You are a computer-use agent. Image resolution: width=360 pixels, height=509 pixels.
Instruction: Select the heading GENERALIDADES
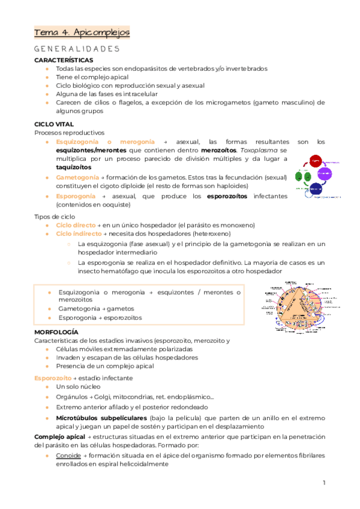point(77,49)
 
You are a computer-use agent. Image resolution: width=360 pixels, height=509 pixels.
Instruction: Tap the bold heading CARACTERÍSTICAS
point(64,61)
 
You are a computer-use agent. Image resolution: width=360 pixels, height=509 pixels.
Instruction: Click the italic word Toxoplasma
point(260,150)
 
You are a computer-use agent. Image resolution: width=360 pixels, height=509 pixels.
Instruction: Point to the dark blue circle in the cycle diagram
point(315,190)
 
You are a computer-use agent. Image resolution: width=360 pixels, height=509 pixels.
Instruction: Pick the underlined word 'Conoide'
point(68,456)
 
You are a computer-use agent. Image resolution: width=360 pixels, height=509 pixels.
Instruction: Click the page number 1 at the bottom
point(323,483)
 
